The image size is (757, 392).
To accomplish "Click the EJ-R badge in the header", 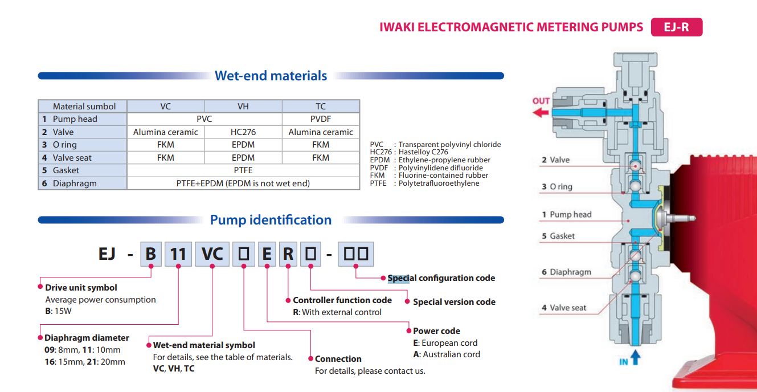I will pos(676,27).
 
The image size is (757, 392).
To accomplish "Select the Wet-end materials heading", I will pos(271,76).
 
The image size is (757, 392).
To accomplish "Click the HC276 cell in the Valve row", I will pos(243,132).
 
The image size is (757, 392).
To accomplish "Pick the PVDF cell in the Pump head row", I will pos(321,119).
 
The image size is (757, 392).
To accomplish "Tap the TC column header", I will pos(321,106).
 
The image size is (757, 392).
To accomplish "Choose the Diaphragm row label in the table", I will pos(74,183).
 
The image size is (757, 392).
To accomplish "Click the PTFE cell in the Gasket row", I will pos(243,170).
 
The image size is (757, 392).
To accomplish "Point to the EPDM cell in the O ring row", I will pos(243,145).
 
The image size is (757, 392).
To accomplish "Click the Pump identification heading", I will pos(271,220).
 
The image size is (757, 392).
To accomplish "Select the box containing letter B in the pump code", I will pos(150,254).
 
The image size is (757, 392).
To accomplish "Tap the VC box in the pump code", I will pos(212,254).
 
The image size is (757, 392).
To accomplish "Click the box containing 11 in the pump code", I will pos(179,254).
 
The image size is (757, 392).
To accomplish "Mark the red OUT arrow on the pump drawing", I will pos(541,112).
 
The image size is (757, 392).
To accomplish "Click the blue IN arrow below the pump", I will pos(636,359).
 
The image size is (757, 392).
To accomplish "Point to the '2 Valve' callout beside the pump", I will pos(556,160).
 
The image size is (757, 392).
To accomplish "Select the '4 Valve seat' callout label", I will pos(564,308).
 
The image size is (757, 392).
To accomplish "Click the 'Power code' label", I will pos(436,330).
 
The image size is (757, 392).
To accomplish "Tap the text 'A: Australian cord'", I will pos(446,354).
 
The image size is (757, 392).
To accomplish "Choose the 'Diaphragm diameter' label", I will pos(87,337).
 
